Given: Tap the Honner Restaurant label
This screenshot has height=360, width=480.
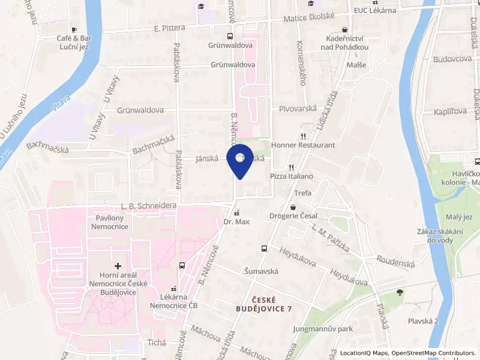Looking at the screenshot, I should click(x=303, y=145).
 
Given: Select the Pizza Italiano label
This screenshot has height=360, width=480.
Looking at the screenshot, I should click(x=292, y=176).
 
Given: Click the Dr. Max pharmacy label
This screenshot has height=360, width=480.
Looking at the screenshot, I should click(x=236, y=221).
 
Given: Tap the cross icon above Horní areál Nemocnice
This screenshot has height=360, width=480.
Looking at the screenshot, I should click(x=118, y=265).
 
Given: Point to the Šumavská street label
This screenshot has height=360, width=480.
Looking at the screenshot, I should click(x=261, y=271).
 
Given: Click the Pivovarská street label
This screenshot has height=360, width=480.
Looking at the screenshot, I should click(x=298, y=110).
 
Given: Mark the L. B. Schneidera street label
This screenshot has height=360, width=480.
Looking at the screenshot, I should click(x=148, y=206).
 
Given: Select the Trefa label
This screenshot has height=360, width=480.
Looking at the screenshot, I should click(x=303, y=193).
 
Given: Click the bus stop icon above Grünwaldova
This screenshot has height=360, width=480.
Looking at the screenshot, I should click(x=230, y=36).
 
